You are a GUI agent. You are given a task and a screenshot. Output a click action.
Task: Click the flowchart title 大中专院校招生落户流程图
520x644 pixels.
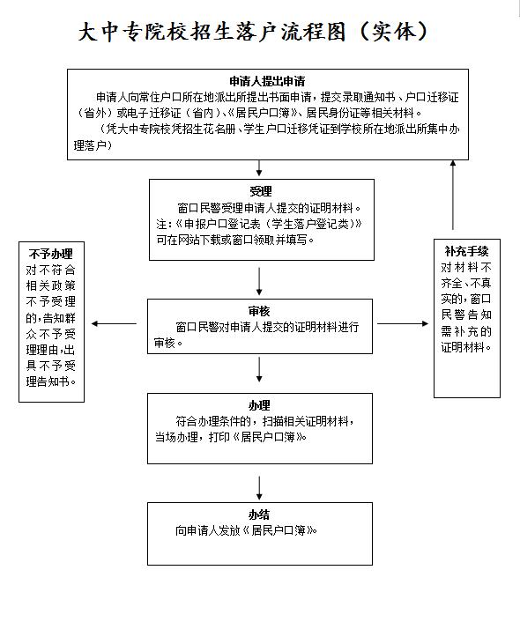click(212, 32)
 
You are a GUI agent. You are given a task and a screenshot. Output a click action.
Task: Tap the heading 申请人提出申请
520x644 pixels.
click(267, 81)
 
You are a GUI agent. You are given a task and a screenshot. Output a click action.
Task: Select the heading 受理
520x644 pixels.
click(261, 191)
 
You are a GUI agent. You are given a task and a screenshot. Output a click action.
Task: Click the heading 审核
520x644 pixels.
click(259, 311)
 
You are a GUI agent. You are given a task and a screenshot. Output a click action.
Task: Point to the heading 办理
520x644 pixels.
click(259, 405)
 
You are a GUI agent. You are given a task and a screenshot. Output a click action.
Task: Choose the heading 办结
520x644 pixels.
click(259, 514)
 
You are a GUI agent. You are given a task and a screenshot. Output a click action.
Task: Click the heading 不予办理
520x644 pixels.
click(51, 254)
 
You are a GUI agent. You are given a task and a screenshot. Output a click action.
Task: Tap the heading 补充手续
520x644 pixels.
click(466, 251)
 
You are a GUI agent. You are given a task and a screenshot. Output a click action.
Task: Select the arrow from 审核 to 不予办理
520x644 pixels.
click(114, 323)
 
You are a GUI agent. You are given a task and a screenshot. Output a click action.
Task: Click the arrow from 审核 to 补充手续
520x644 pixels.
click(403, 323)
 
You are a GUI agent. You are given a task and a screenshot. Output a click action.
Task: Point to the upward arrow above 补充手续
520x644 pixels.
click(453, 195)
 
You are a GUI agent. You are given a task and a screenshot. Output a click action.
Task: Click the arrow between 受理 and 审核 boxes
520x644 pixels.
click(259, 281)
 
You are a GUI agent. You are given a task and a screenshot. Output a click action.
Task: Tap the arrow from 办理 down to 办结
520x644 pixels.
click(259, 488)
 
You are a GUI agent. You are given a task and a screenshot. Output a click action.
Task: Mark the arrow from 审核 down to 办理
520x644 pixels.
click(259, 369)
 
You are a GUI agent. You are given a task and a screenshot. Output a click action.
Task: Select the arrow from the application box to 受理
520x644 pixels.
click(259, 168)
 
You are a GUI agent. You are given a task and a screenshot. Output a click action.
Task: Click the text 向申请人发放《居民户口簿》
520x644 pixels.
click(246, 530)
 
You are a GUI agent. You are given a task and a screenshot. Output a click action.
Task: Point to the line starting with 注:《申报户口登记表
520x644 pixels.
click(259, 224)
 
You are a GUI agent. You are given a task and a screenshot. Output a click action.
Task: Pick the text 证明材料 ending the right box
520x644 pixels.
click(463, 347)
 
